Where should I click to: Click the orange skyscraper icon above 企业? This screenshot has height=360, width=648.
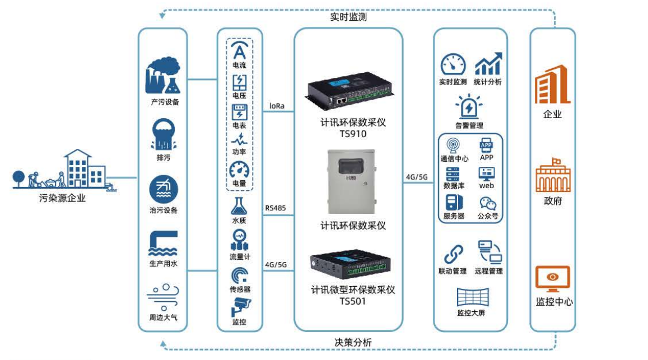click(x=552, y=85)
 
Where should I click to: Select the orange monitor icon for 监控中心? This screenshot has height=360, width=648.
click(x=553, y=279)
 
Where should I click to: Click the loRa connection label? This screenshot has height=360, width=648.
click(x=277, y=105)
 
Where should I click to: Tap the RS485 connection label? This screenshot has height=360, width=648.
click(x=276, y=208)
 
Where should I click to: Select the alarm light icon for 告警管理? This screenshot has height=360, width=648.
click(x=469, y=106)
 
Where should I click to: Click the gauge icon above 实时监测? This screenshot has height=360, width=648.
click(x=453, y=64)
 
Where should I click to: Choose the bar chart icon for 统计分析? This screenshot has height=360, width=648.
click(x=488, y=64)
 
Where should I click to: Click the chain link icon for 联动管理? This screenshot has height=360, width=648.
click(x=453, y=254)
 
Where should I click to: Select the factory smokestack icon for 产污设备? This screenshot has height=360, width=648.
click(x=163, y=77)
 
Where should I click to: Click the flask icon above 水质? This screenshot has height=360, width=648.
click(x=239, y=205)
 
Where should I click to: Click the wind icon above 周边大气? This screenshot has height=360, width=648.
click(x=163, y=297)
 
